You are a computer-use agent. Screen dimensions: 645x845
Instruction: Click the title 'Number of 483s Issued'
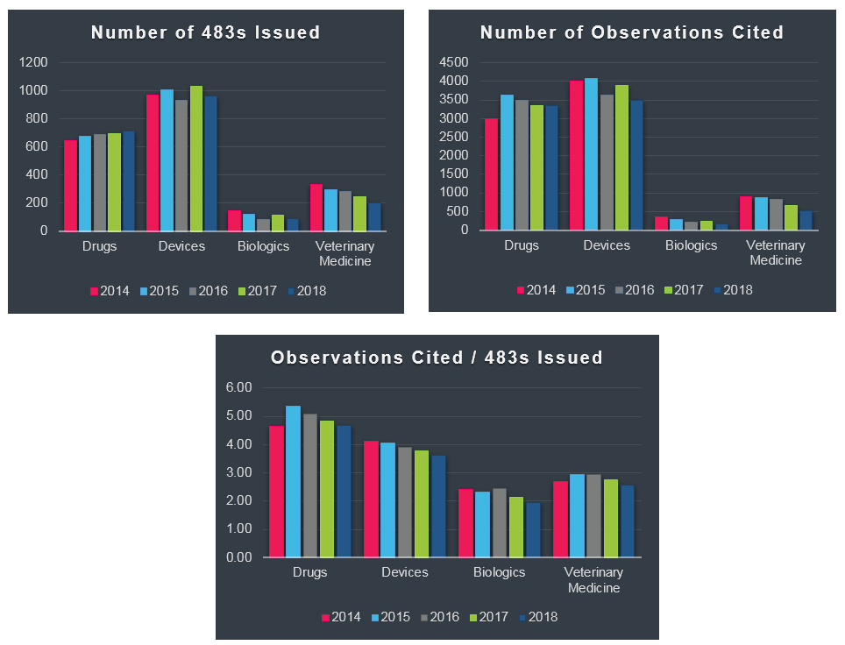(206, 33)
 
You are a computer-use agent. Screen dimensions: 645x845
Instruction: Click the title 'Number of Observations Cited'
(631, 33)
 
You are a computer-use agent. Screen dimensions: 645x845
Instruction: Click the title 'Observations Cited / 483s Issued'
(437, 358)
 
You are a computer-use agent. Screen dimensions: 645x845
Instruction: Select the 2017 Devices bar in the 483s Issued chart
(196, 158)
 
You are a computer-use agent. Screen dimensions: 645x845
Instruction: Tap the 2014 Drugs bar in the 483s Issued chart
(70, 185)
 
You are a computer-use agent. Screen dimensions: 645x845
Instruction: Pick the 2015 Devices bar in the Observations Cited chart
(592, 154)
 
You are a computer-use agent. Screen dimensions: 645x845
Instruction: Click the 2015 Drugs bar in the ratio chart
(293, 481)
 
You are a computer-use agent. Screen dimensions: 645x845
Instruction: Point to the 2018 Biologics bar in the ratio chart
(533, 529)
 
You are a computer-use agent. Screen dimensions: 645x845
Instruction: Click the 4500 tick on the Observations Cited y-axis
(455, 62)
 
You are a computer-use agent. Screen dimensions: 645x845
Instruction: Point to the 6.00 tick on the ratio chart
(238, 387)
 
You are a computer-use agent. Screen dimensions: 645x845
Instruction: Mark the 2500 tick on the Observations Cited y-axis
(455, 137)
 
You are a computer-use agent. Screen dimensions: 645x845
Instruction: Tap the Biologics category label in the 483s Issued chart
(263, 246)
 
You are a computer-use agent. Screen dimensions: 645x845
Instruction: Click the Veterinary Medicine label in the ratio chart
(593, 579)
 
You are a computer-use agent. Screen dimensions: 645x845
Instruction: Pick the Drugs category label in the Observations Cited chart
(522, 245)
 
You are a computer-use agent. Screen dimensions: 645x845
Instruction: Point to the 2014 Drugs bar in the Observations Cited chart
(492, 174)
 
